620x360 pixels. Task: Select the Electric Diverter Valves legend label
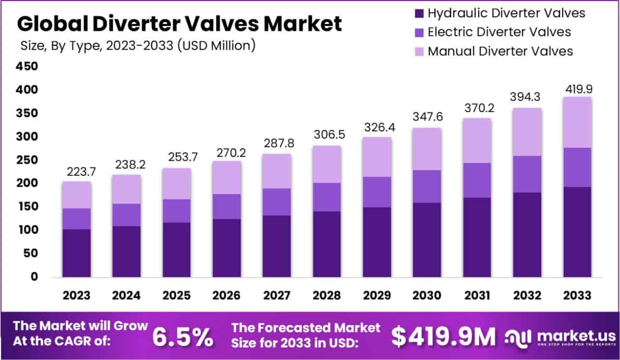tap(499, 32)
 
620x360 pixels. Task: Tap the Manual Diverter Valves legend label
tap(500, 51)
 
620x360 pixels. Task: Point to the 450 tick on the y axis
tap(28, 67)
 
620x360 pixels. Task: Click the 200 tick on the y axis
tap(28, 184)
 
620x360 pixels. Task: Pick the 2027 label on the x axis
tap(276, 296)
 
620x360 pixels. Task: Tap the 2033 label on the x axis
tap(577, 296)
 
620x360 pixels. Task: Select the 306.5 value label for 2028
tap(326, 134)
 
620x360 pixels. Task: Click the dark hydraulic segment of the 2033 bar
tap(577, 232)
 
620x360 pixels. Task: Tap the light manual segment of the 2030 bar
tap(427, 149)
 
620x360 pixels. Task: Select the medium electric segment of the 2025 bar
tap(176, 211)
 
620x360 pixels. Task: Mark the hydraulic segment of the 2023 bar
tap(76, 253)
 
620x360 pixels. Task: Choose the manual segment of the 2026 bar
tap(226, 177)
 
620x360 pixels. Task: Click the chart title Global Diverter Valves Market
tap(180, 24)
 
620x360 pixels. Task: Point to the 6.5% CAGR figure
tap(182, 338)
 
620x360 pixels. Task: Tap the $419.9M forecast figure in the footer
tap(443, 338)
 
